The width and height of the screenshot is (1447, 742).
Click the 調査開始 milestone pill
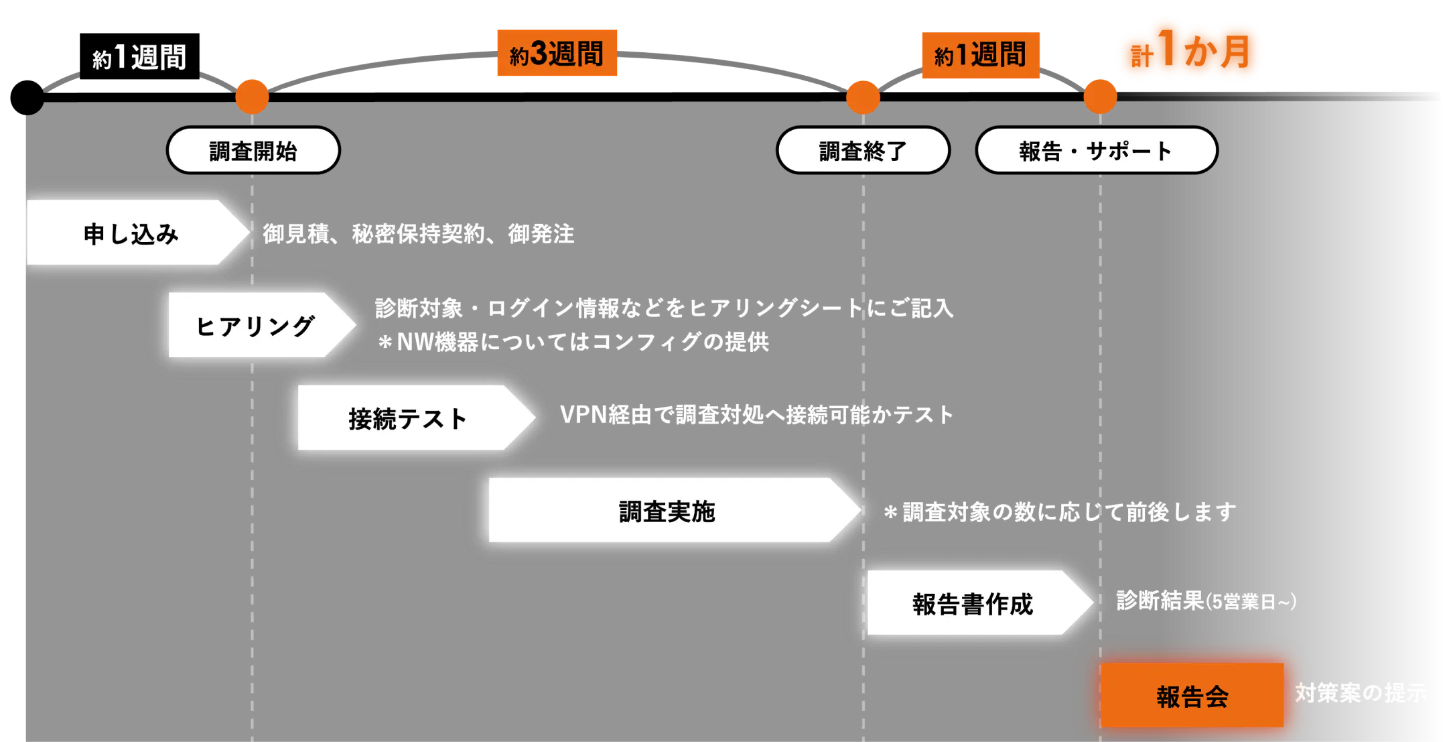pos(253,151)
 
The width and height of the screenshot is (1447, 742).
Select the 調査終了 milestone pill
pos(863,151)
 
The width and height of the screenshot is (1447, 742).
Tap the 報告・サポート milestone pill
pos(1096,151)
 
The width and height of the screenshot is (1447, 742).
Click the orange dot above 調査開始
pos(252,97)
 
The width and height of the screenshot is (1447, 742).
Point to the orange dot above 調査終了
pos(863,98)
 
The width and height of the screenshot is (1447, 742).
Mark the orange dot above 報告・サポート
pos(1100,97)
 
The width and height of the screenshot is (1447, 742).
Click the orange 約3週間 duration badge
pos(557,54)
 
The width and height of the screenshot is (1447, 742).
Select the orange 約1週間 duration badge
pos(981,56)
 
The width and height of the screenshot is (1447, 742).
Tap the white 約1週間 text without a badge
pos(139,58)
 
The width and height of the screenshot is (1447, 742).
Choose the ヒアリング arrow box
pos(255,326)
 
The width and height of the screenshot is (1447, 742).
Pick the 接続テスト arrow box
pos(407,418)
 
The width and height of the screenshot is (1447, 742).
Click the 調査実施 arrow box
pos(667,511)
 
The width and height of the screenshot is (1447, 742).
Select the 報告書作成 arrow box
pos(973,603)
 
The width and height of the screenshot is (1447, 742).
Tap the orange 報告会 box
pos(1192,696)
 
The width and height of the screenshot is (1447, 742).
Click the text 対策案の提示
pos(1361,693)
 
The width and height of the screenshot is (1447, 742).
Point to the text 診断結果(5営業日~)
pos(1207,601)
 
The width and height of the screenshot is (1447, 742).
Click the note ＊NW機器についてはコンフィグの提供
pos(573,343)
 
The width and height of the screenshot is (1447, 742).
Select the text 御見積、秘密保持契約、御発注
pos(419,234)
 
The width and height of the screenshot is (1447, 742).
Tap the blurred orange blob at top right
pos(1190,51)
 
